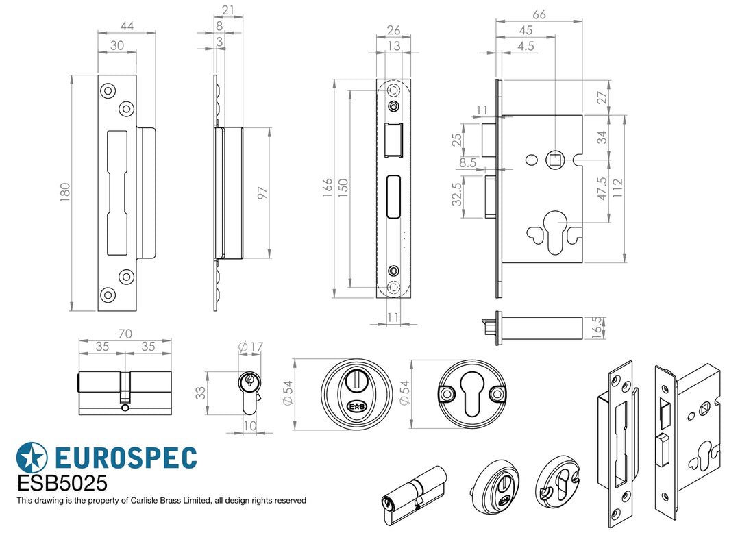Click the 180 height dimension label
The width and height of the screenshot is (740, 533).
pyautogui.click(x=64, y=193)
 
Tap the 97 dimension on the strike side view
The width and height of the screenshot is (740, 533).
pyautogui.click(x=262, y=193)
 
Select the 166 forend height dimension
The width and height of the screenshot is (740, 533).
pyautogui.click(x=327, y=188)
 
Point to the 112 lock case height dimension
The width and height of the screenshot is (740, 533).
pyautogui.click(x=617, y=188)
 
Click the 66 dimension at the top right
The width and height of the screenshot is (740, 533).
pyautogui.click(x=539, y=14)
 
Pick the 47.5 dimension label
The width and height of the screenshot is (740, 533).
pyautogui.click(x=602, y=188)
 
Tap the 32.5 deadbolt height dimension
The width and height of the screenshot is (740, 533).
pyautogui.click(x=456, y=195)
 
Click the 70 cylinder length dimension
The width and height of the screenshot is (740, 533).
pyautogui.click(x=125, y=334)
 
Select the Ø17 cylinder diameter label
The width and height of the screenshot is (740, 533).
pyautogui.click(x=251, y=347)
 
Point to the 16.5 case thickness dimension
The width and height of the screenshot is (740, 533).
pyautogui.click(x=597, y=328)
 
